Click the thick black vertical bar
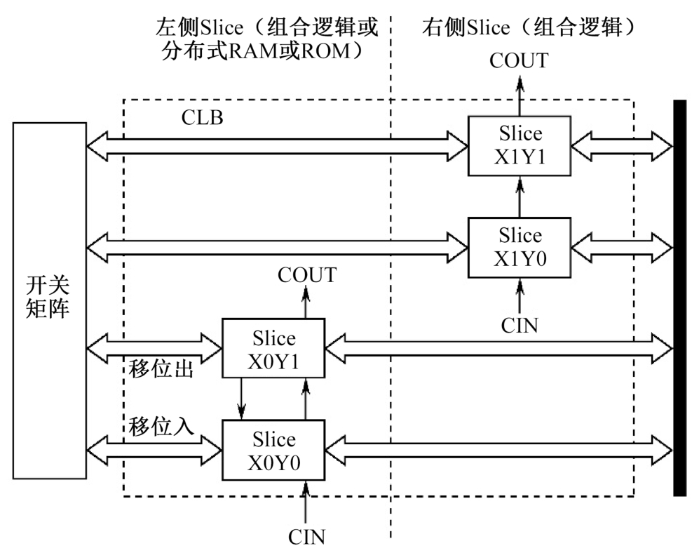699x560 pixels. tap(679, 298)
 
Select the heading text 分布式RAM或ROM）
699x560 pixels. tap(262, 51)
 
